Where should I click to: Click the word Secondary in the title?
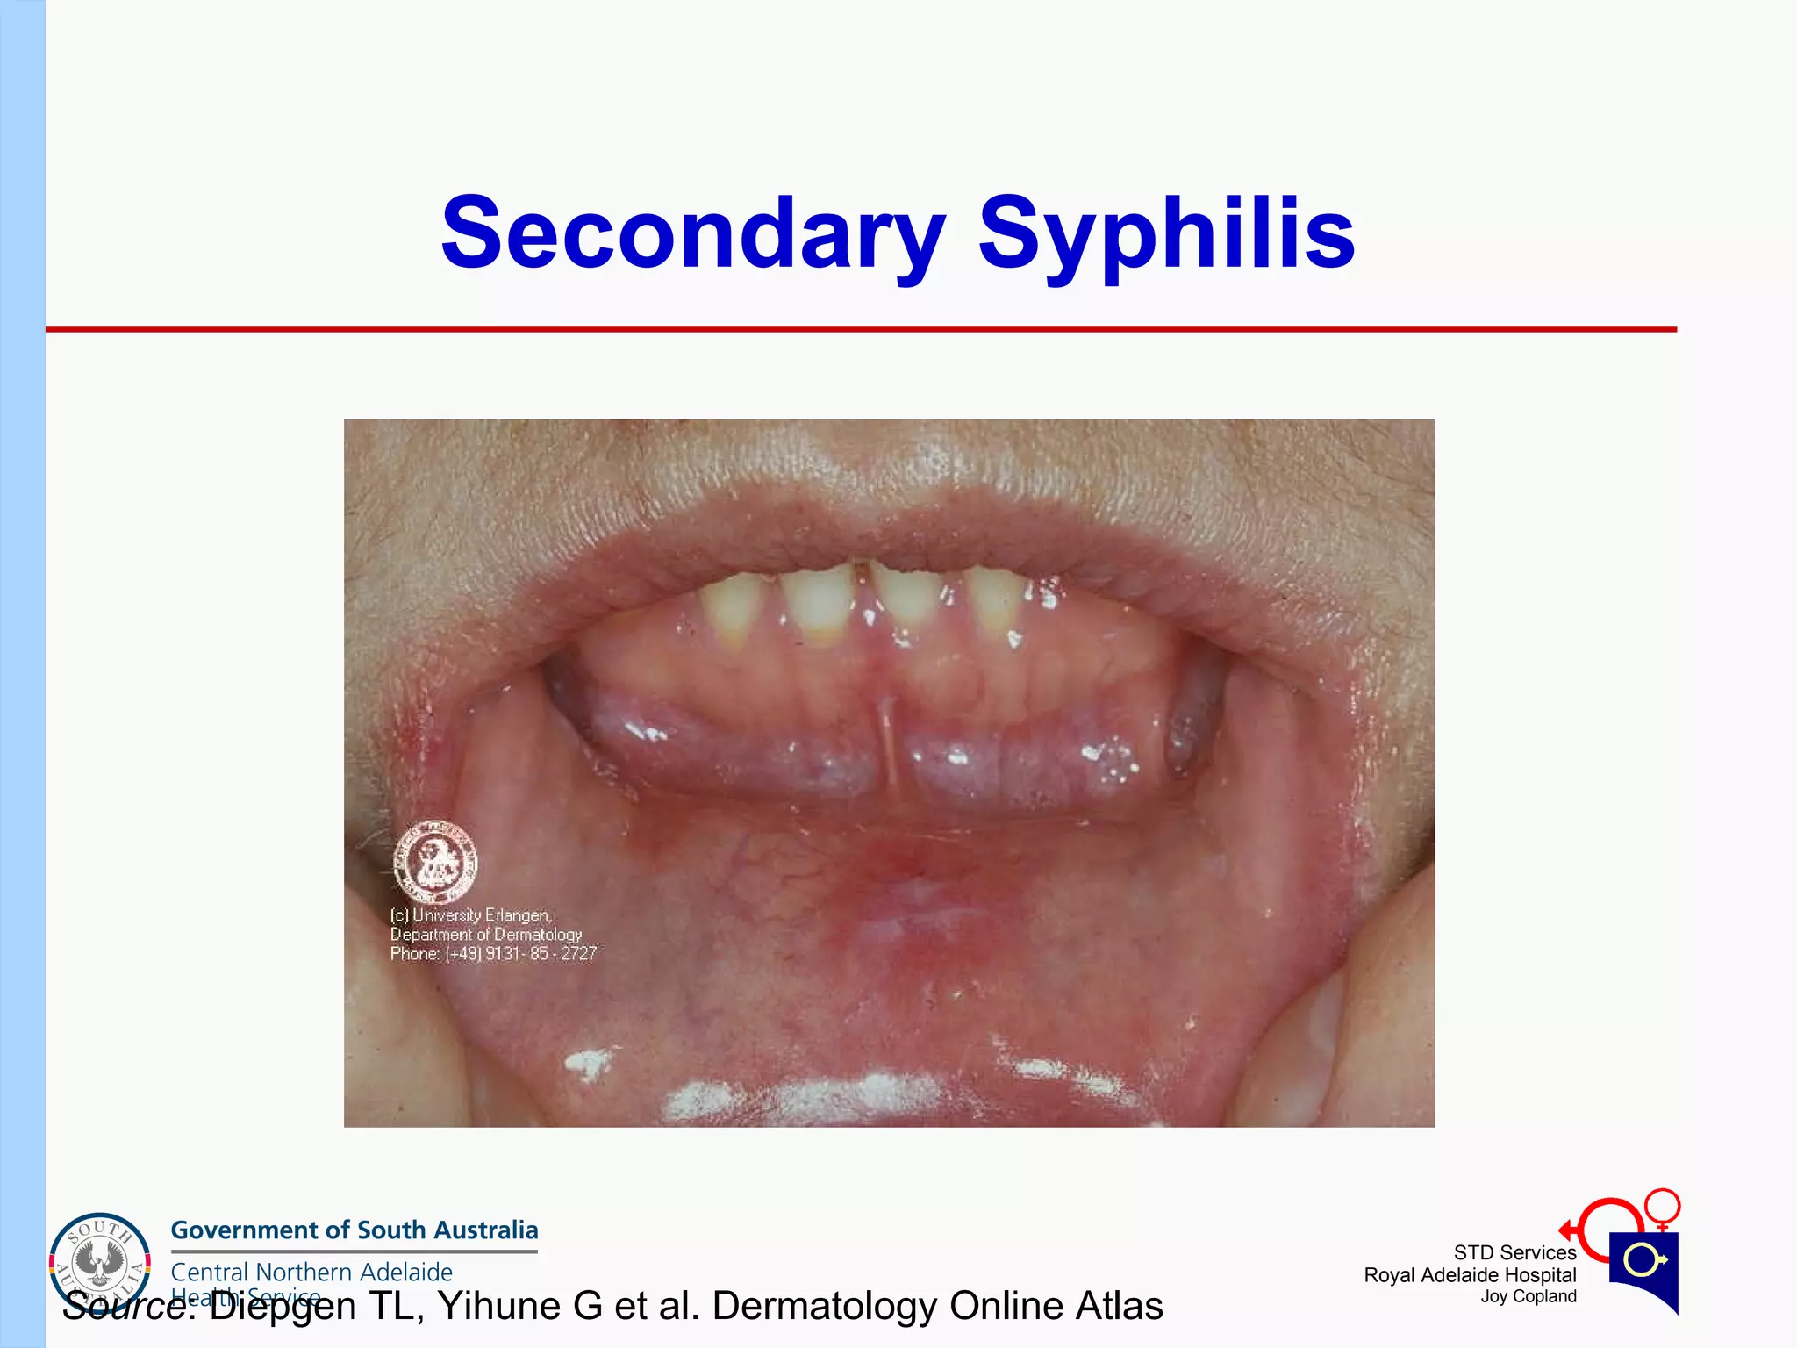click(693, 232)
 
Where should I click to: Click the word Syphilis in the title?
click(1166, 233)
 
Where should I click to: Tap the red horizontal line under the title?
click(860, 329)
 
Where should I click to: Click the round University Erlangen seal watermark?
click(435, 862)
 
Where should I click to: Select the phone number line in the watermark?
click(493, 954)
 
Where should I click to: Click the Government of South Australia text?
click(354, 1230)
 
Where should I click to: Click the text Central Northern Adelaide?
click(311, 1272)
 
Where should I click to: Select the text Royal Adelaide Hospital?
click(1470, 1275)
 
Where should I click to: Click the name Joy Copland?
click(1529, 1296)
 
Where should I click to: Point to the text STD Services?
click(1514, 1252)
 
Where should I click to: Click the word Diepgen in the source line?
click(283, 1306)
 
